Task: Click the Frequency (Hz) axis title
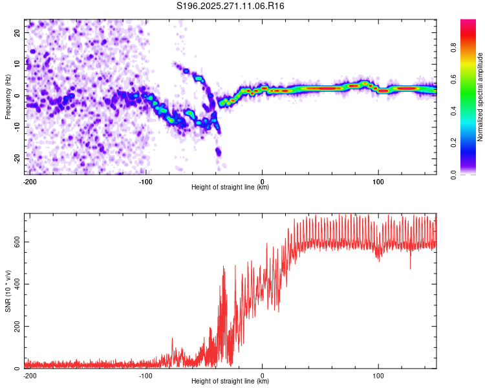8,96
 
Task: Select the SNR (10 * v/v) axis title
8,290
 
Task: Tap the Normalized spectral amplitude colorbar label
480,96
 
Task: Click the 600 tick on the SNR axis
17,241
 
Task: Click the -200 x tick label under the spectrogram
29,181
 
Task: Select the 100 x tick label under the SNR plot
379,375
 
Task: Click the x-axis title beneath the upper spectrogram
230,188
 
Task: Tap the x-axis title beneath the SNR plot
230,382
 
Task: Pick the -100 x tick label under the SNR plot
145,375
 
